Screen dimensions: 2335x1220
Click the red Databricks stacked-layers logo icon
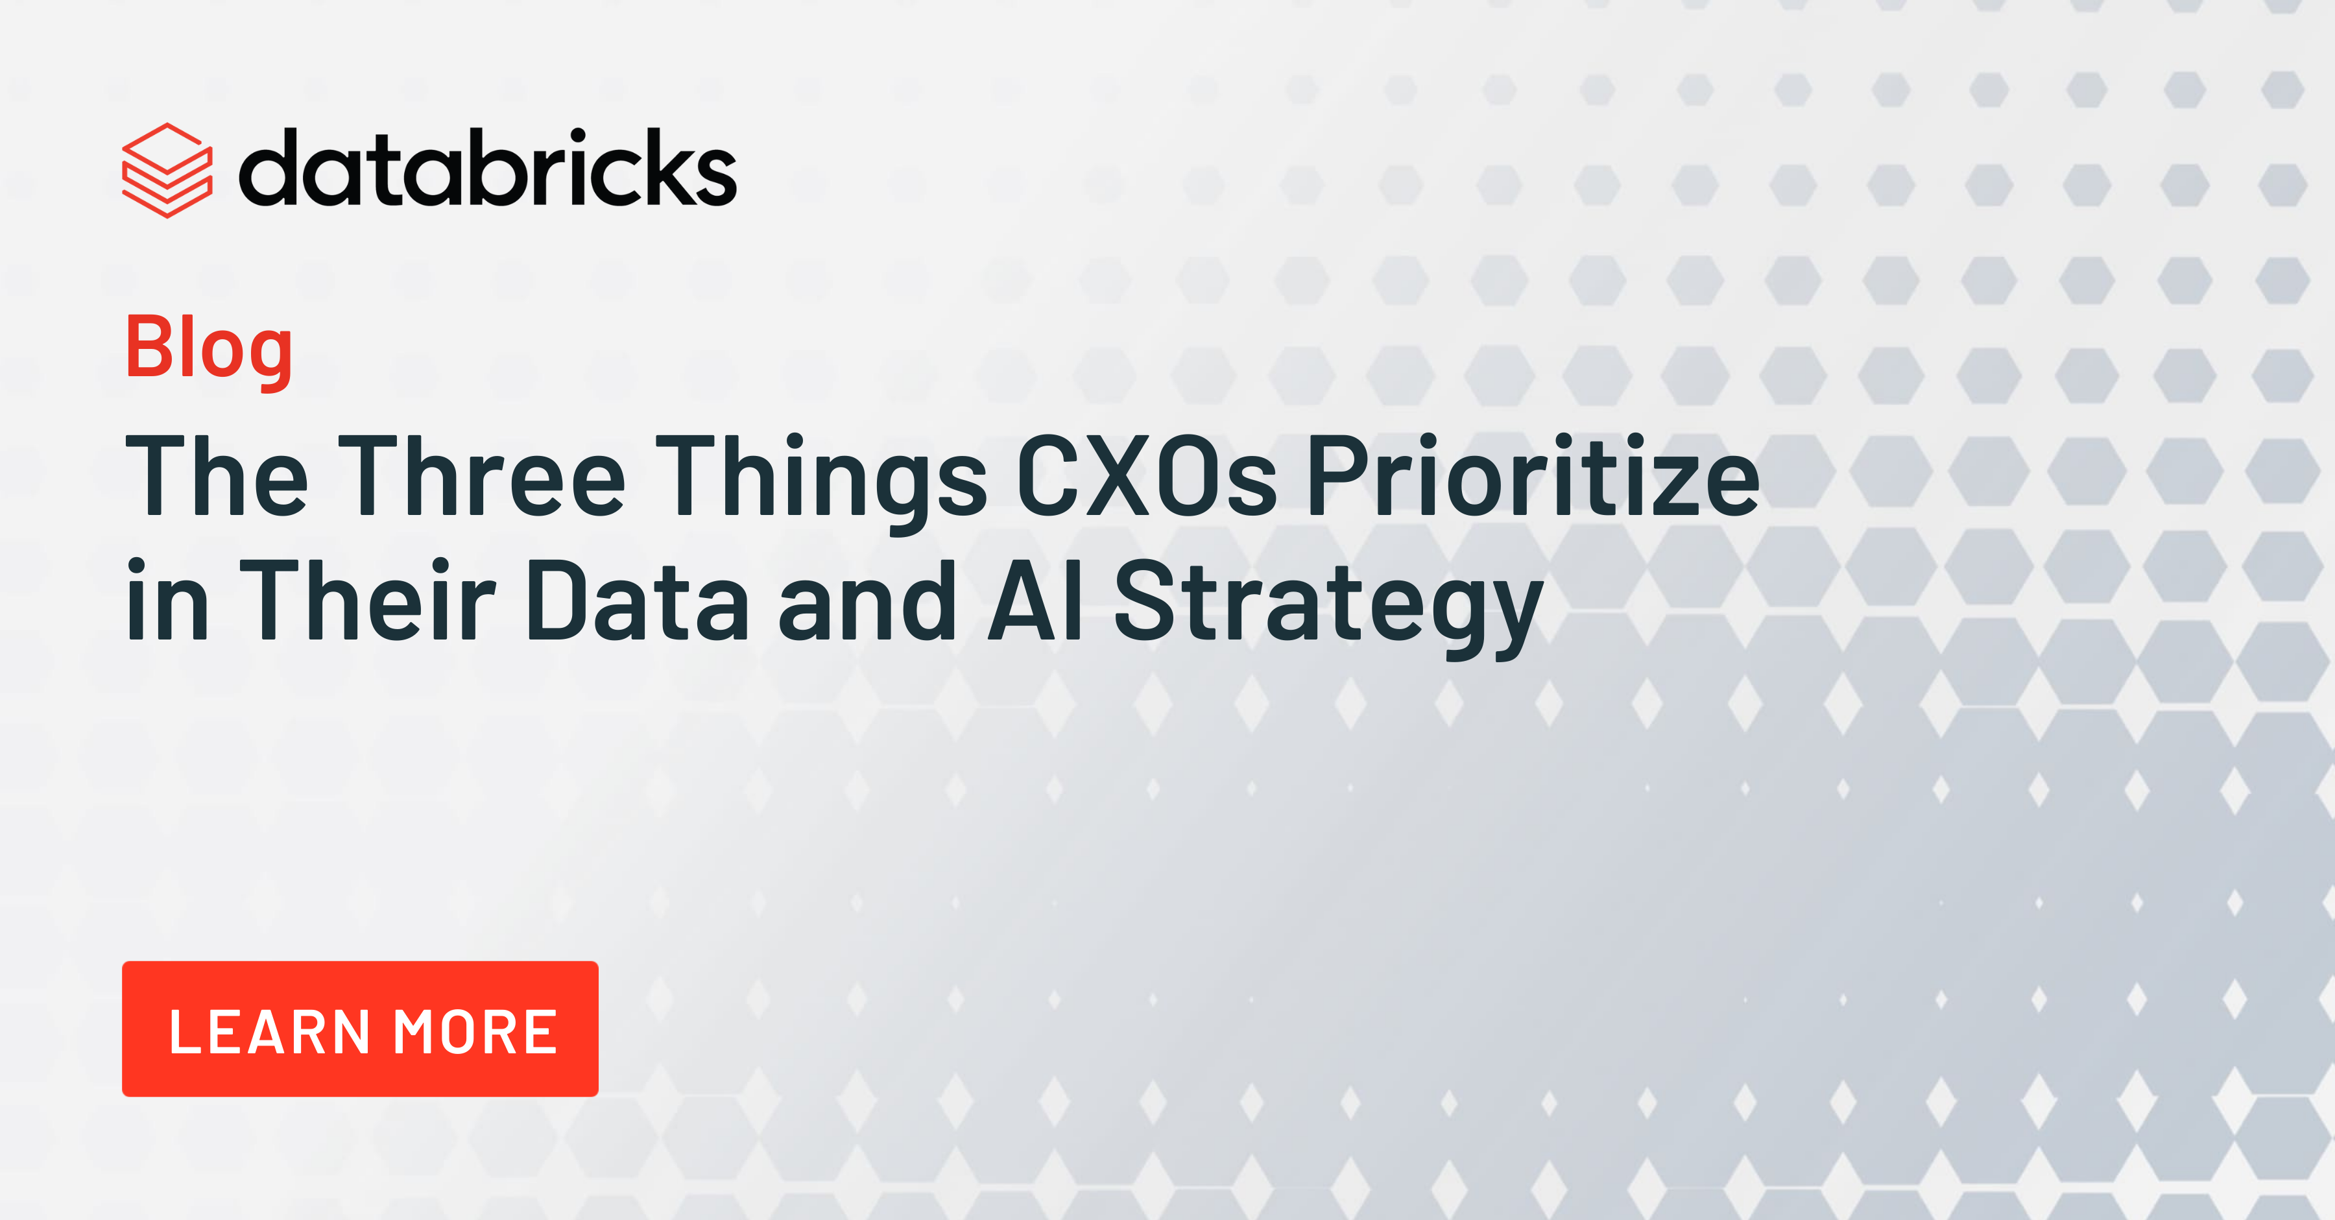point(168,171)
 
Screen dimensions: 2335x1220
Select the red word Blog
point(210,349)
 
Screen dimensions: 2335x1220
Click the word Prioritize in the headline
point(1533,475)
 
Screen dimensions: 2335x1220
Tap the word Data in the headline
point(637,600)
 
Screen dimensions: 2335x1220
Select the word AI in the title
point(1035,600)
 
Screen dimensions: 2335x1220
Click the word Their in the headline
point(367,599)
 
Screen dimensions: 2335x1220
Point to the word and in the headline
point(867,600)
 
